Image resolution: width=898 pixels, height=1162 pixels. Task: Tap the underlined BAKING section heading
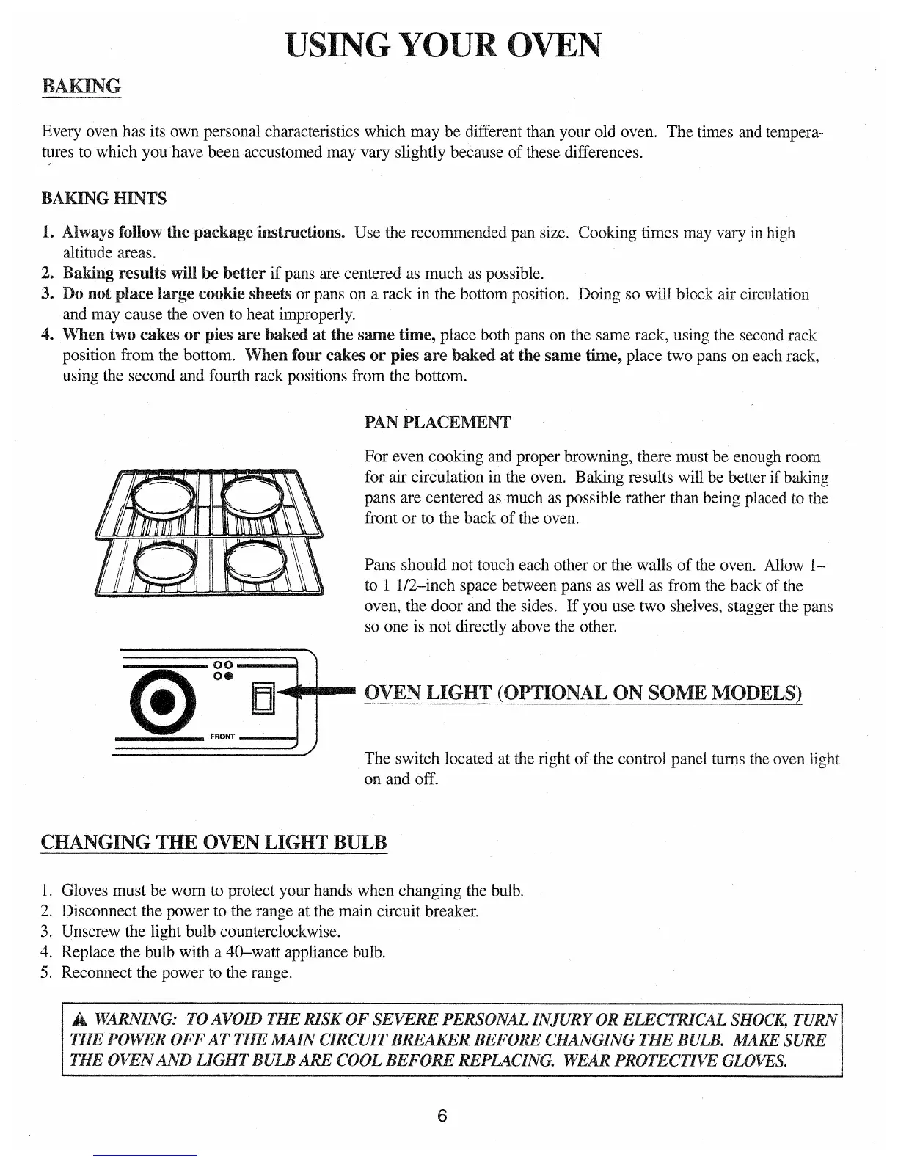(81, 86)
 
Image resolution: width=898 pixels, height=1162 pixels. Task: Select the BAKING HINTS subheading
(104, 199)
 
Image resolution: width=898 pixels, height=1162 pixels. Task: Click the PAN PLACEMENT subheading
(437, 423)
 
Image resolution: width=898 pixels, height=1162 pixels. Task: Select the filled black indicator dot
(228, 676)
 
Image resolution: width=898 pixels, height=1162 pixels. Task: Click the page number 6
(442, 1117)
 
